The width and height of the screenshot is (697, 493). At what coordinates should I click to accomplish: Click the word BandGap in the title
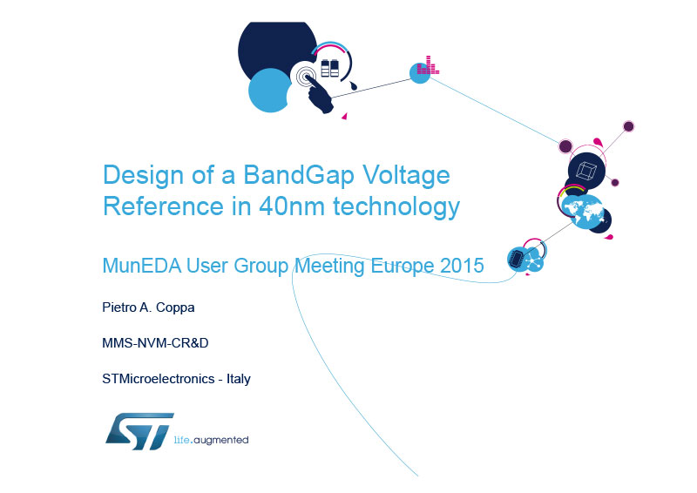tap(299, 175)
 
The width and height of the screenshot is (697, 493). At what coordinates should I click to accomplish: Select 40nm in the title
tap(292, 206)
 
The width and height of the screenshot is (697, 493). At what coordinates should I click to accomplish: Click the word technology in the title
tap(396, 207)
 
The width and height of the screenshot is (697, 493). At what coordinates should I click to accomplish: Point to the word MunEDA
tap(142, 266)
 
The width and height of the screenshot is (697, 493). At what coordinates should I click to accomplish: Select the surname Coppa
tap(175, 307)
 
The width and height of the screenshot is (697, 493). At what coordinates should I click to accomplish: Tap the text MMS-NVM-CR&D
tap(155, 343)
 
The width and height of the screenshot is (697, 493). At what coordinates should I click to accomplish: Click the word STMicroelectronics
tap(159, 379)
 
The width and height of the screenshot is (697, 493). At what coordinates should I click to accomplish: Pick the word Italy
tap(239, 379)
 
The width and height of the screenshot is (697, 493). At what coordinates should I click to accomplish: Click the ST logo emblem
tap(139, 431)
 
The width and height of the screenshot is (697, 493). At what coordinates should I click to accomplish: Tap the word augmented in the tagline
tap(221, 440)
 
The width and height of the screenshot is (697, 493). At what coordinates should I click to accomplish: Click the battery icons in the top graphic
tap(330, 68)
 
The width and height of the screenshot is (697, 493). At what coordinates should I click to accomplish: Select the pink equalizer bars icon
tap(428, 65)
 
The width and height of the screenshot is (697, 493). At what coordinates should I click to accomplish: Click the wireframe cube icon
tap(585, 171)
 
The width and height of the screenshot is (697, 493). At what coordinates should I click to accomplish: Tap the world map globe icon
tap(583, 212)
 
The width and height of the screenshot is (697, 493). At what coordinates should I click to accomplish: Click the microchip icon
tap(516, 259)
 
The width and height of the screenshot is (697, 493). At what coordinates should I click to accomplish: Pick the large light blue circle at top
tap(269, 91)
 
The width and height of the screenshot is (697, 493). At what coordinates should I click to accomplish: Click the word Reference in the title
tap(163, 206)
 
